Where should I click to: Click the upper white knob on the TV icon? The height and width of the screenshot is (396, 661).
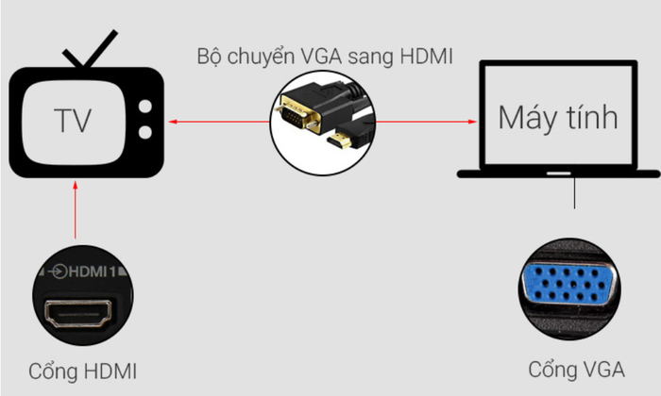tap(144, 106)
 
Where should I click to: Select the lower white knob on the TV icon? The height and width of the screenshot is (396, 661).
tap(144, 128)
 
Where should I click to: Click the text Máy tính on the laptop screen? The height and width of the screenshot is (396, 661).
tap(557, 118)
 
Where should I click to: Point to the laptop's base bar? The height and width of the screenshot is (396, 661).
tap(557, 173)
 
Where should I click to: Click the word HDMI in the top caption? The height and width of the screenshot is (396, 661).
tap(426, 56)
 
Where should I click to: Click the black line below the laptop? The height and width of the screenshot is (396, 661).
tap(575, 193)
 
